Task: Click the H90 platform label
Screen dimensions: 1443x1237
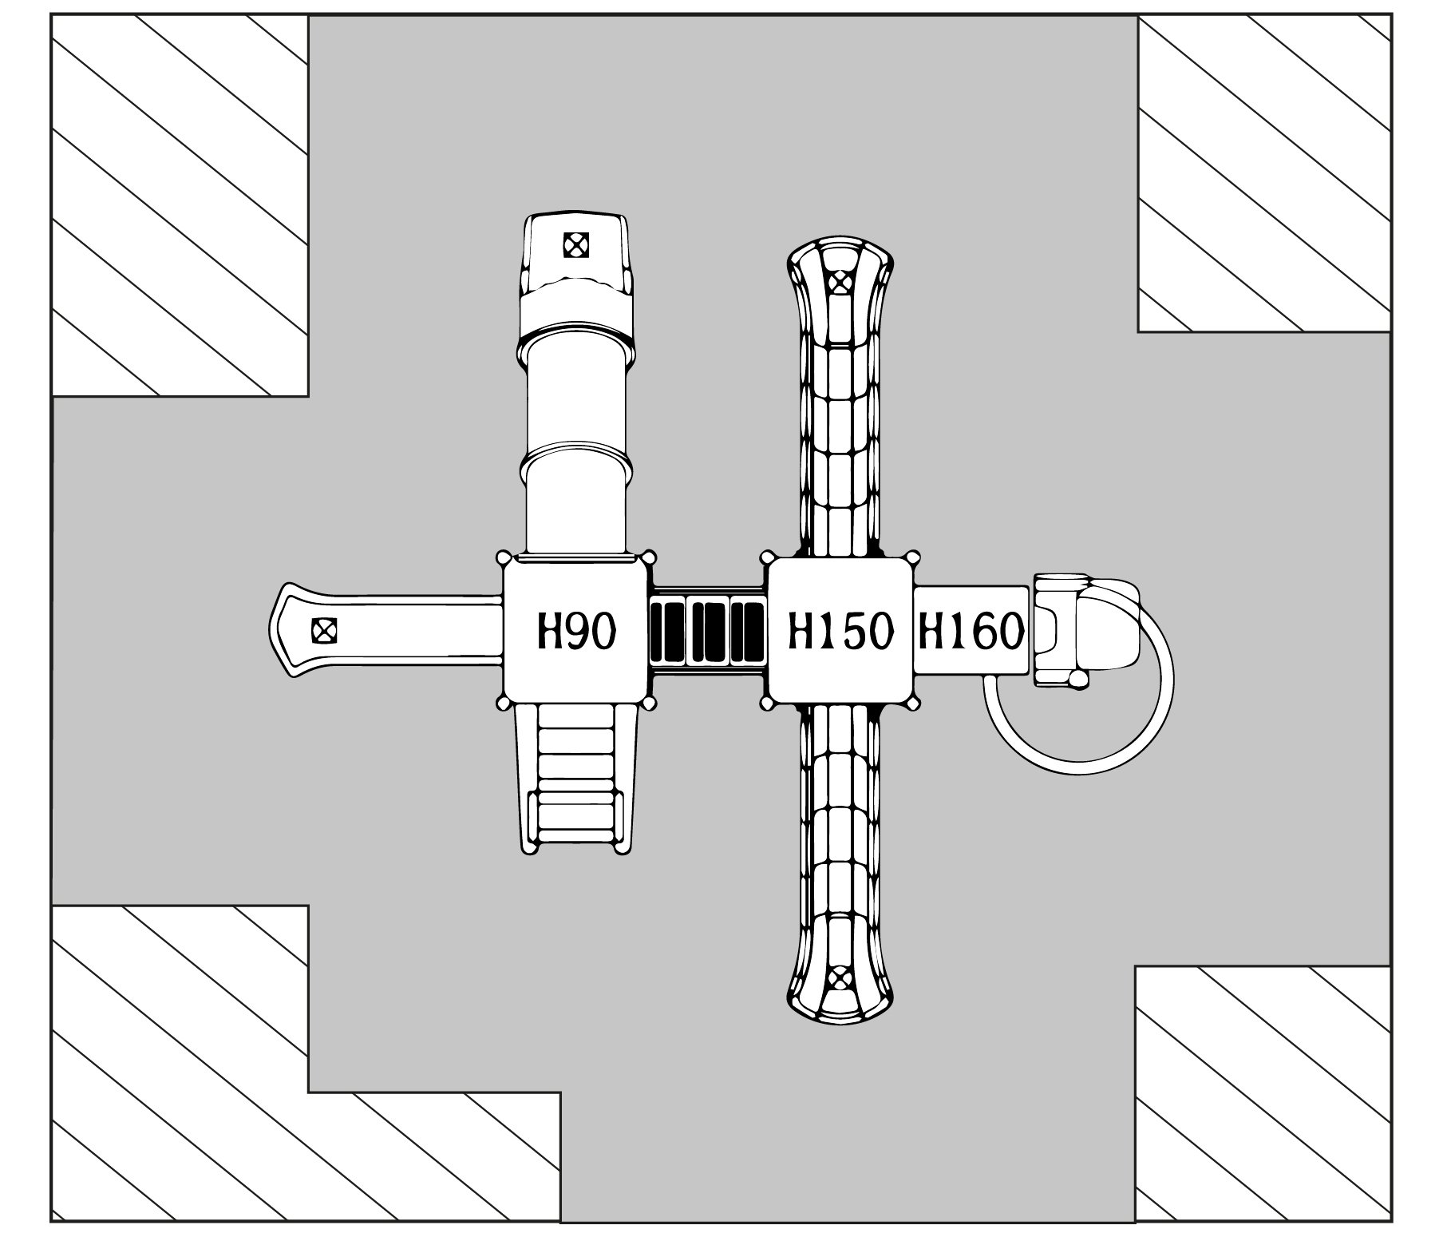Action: pos(575,632)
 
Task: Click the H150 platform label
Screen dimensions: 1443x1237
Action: pos(839,632)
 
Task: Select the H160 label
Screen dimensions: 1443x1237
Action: pos(971,632)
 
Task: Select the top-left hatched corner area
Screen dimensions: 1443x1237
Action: pos(180,205)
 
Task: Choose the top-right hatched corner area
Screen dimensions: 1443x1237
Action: pos(1264,173)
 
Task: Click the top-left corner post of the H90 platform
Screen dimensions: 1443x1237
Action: pos(504,557)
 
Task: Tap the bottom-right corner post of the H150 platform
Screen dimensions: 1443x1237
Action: pos(911,703)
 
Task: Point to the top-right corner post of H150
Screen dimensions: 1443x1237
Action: pos(911,557)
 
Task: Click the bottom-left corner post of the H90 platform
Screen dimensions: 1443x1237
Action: pos(504,703)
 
